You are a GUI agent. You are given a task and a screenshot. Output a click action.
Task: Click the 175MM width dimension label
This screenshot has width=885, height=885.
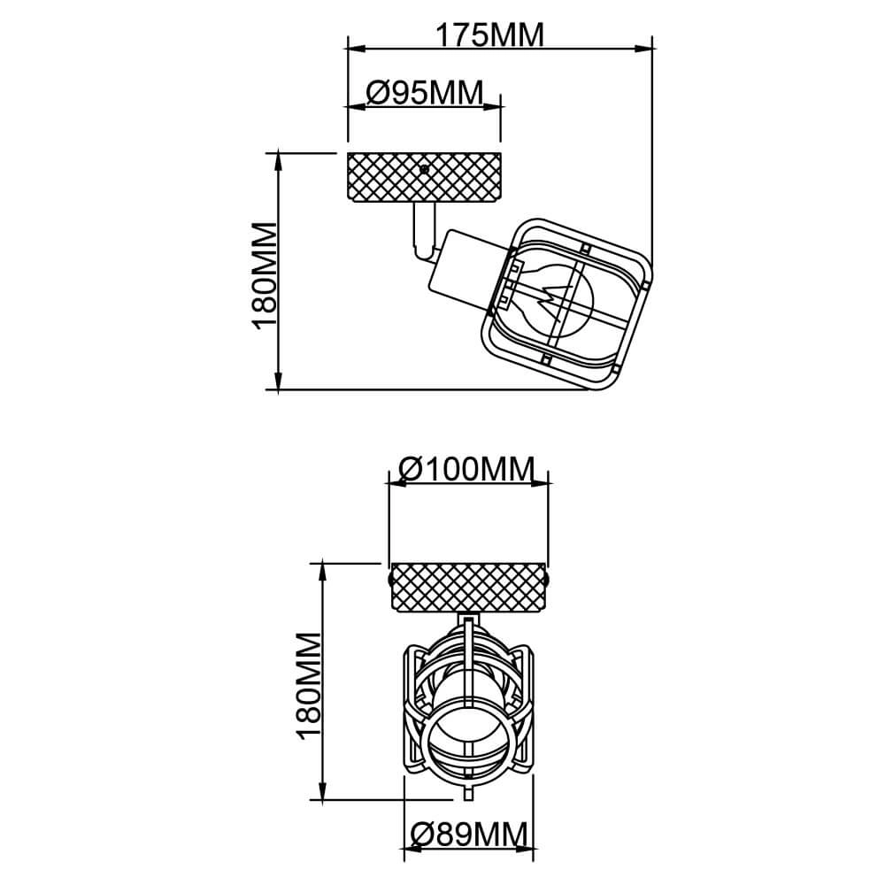pyautogui.click(x=489, y=35)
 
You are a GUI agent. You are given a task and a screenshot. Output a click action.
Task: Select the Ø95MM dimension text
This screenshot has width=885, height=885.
pyautogui.click(x=424, y=92)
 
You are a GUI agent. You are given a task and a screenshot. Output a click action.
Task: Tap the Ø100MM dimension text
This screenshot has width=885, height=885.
pyautogui.click(x=467, y=469)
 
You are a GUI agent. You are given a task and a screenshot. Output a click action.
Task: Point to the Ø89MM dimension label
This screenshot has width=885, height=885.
pyautogui.click(x=469, y=834)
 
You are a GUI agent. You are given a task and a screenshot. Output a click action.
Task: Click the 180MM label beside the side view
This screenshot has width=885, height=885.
pyautogui.click(x=265, y=275)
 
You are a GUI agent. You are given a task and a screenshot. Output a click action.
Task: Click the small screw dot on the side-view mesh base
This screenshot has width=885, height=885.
pyautogui.click(x=425, y=168)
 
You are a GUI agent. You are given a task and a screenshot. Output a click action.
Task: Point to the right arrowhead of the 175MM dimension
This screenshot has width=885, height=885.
pyautogui.click(x=646, y=50)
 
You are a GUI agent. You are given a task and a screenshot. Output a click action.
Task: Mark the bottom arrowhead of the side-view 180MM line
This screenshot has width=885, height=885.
pyautogui.click(x=279, y=382)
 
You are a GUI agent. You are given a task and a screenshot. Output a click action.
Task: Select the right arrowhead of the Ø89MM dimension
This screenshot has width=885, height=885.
pyautogui.click(x=529, y=849)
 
